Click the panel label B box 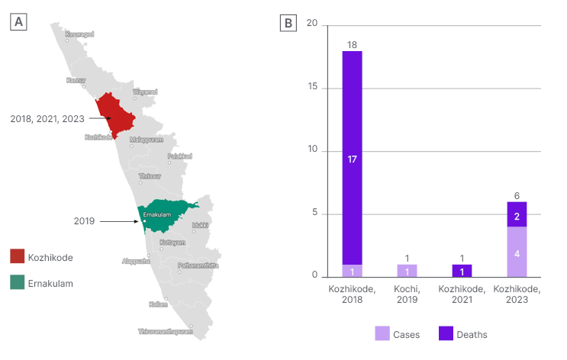(288, 23)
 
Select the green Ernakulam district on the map (164, 217)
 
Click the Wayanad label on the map (145, 92)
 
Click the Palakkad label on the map (179, 156)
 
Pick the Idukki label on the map (200, 226)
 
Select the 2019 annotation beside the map (84, 221)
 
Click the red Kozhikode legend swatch (18, 257)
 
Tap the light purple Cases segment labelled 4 (517, 252)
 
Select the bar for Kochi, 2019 (407, 271)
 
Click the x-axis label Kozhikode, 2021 (462, 294)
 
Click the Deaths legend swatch (446, 333)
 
